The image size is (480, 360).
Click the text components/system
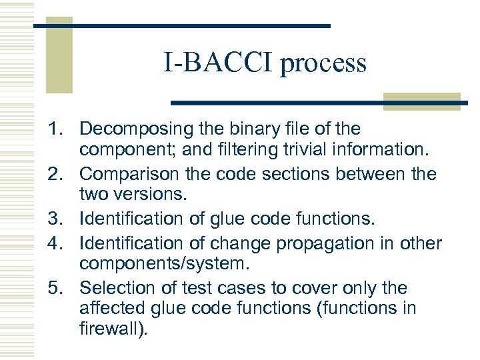click(x=164, y=265)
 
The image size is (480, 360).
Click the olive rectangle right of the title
click(x=421, y=101)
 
